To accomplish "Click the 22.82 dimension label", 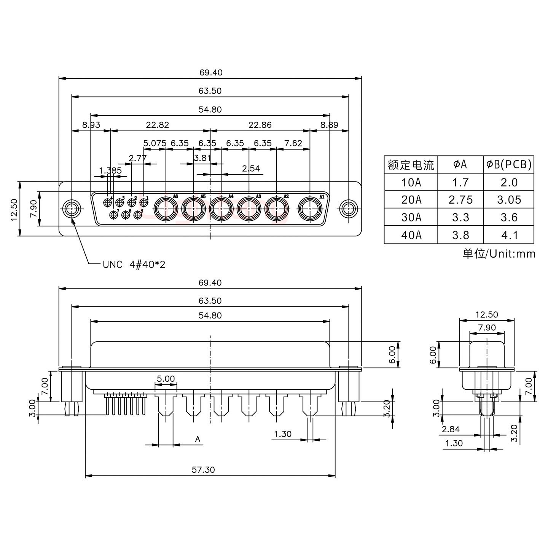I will (157, 125).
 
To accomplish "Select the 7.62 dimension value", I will (293, 143).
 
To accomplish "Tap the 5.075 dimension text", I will (155, 143).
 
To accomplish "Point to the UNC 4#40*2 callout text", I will (134, 264).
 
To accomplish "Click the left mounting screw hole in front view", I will (71, 209).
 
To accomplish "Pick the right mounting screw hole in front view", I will (348, 209).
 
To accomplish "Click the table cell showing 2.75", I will (460, 200).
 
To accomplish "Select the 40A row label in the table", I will (411, 235).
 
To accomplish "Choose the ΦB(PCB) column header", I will (509, 164).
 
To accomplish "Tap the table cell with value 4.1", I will (509, 235).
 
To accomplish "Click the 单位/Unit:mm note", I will (499, 254).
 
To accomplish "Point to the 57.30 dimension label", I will (203, 470).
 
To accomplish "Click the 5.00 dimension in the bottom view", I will (166, 379).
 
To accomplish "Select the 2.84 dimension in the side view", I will (451, 430).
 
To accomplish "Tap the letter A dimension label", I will (198, 440).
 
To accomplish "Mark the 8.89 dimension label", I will (329, 125).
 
